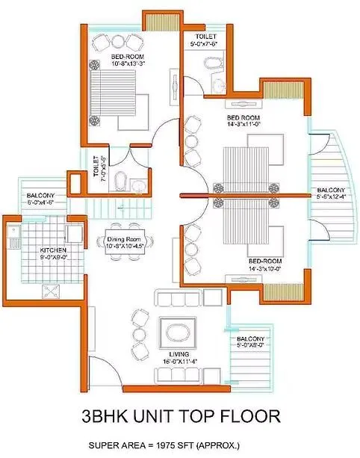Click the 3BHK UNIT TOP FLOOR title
[x=180, y=415]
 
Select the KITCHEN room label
[x=33, y=250]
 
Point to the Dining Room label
[x=124, y=238]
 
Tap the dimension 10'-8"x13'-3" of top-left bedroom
[x=108, y=64]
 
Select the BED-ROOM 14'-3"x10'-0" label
[x=265, y=264]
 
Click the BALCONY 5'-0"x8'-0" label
[x=251, y=342]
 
